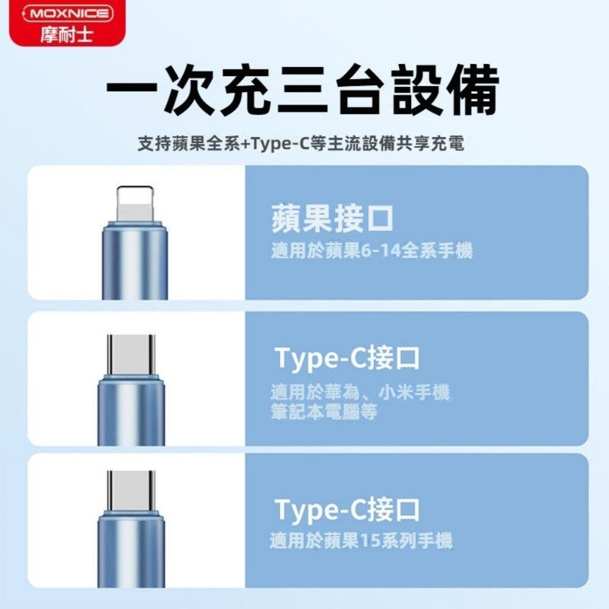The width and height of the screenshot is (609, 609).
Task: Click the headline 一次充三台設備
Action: coord(303,91)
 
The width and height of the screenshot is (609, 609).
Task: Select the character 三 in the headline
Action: coord(303,91)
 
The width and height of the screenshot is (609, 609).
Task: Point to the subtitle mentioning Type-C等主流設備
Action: coord(301,144)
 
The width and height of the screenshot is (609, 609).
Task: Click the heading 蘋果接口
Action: coord(333,219)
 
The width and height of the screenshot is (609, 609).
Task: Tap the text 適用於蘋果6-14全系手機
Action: coord(371,250)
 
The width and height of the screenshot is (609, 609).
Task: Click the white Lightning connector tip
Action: coord(135,203)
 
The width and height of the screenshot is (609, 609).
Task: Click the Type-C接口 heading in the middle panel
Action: coord(348,358)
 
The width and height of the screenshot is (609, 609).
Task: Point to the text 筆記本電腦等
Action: coord(324,412)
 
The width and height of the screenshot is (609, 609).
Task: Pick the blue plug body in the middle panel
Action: coord(132,411)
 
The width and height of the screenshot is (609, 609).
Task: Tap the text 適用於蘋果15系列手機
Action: coord(361,540)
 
